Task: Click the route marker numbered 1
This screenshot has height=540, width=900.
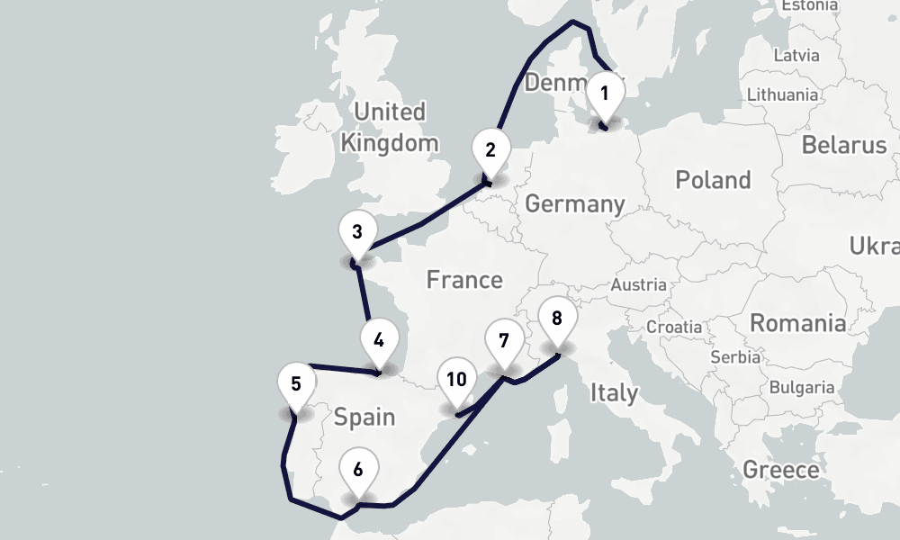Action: (605, 94)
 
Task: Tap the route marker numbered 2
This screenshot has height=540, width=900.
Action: (490, 150)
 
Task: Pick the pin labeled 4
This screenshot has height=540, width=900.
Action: (379, 341)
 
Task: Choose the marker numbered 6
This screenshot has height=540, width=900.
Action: (358, 470)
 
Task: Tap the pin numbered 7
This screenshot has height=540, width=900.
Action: (503, 342)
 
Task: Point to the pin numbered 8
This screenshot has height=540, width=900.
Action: (557, 319)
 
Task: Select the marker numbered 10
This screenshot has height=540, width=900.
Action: (456, 380)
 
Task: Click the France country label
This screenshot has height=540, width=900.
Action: (464, 280)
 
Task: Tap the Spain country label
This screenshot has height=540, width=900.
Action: (364, 417)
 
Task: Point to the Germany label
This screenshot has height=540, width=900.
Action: (574, 204)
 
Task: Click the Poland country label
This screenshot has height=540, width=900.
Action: (713, 180)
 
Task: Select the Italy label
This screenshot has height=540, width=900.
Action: (615, 392)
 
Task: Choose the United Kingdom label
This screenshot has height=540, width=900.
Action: (390, 127)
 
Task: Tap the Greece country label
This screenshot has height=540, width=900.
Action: (781, 470)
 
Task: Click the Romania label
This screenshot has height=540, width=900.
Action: (797, 323)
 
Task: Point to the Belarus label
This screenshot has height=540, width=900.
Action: (844, 145)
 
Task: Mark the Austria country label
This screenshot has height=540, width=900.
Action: (638, 285)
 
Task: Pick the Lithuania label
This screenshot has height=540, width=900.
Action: (782, 94)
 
